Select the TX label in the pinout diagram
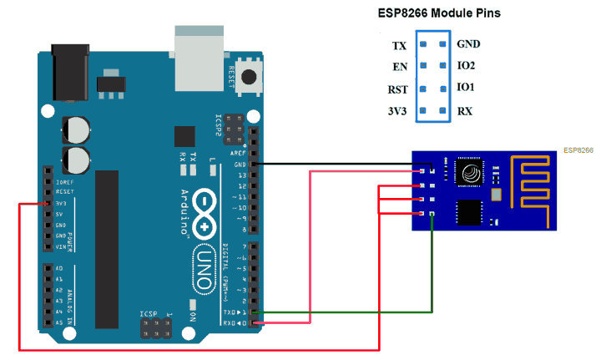[x=399, y=44]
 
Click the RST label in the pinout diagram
[x=398, y=89]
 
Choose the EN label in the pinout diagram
[x=399, y=66]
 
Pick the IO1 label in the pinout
[x=466, y=88]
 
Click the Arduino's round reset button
[x=249, y=77]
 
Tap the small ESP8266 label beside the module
[x=578, y=150]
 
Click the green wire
[x=432, y=276]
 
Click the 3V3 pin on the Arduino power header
[x=47, y=203]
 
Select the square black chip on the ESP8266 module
[x=470, y=212]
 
